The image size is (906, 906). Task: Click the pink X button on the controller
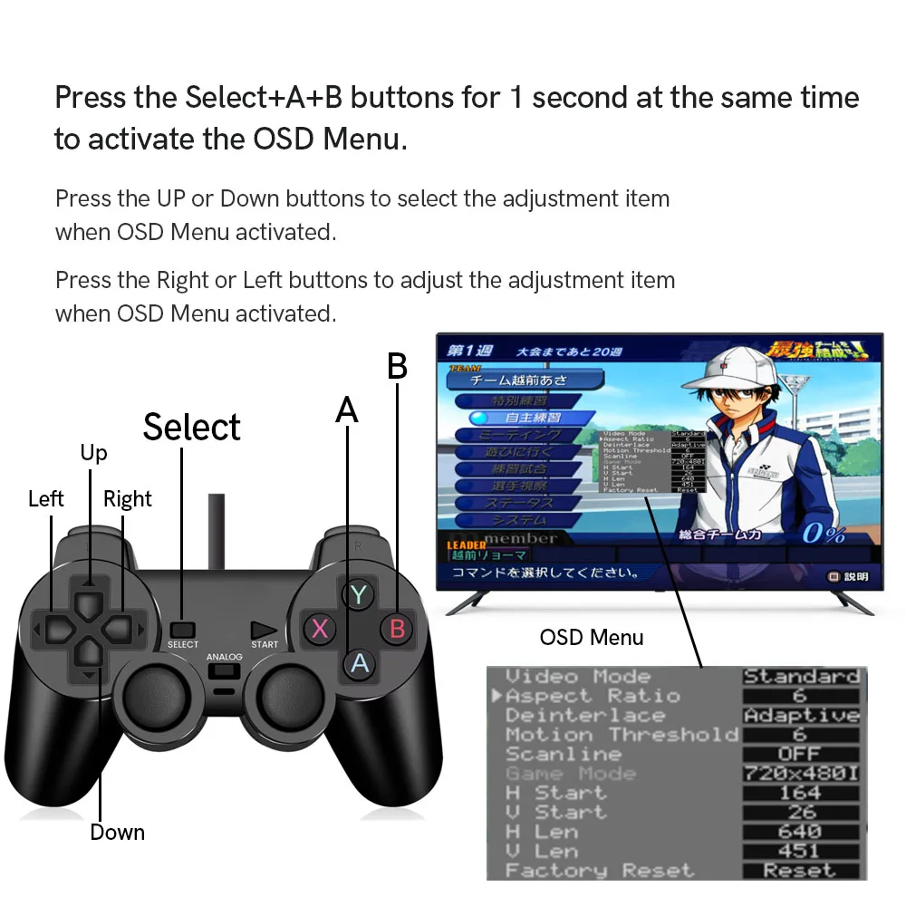320,628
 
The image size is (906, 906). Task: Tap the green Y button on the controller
359,594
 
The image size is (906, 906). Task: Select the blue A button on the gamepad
360,663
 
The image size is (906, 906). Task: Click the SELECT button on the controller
183,628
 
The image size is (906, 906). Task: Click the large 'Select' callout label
192,427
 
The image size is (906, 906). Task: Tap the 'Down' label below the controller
117,832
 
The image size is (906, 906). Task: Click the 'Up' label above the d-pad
93,452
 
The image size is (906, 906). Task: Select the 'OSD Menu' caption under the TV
592,637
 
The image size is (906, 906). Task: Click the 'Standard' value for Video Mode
801,677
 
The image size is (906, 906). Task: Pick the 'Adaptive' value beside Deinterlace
801,716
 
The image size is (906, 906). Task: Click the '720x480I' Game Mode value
801,774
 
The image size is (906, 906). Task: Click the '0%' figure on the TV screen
823,533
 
